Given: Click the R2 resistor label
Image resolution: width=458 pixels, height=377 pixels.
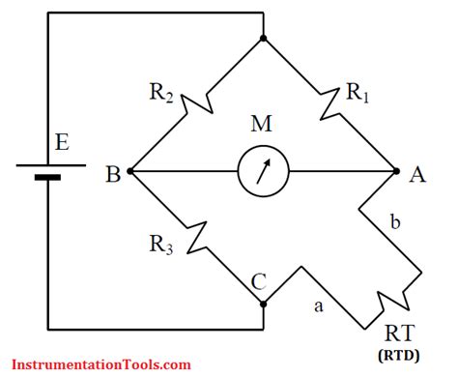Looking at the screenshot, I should (161, 95).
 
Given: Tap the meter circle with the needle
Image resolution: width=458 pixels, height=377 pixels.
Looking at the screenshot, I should (263, 173).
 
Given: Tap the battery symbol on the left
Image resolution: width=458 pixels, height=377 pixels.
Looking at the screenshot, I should (41, 171).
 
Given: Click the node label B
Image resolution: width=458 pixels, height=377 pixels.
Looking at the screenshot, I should (113, 175).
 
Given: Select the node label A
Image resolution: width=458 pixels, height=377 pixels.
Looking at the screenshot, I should (417, 175).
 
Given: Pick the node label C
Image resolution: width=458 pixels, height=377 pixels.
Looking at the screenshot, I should (259, 282).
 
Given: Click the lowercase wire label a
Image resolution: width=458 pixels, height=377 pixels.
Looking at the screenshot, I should (318, 306).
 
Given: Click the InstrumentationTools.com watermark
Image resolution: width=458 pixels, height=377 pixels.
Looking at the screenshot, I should (96, 364).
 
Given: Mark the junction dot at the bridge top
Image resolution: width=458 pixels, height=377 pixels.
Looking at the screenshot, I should (263, 40).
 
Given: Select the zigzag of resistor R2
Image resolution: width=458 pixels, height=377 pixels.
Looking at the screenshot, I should (197, 106).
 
